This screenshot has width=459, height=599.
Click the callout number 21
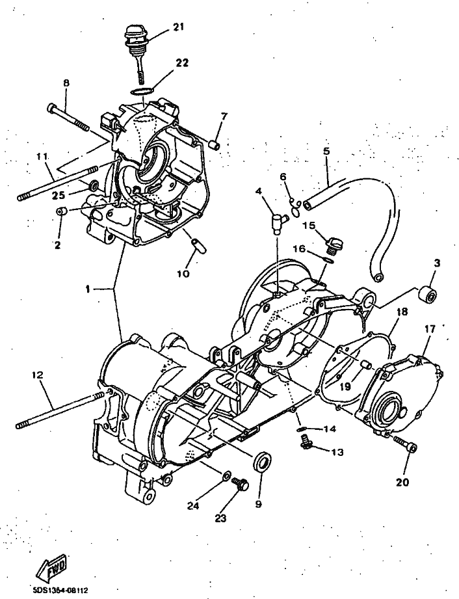pos(177,27)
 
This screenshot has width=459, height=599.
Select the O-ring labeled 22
pos(142,92)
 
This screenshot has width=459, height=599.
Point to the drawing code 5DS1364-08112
pos(60,591)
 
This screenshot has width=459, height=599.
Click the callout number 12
pos(38,375)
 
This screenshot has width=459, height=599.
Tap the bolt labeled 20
pos(404,443)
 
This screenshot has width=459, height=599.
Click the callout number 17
pos(430,329)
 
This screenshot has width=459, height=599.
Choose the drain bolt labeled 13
pos(306,444)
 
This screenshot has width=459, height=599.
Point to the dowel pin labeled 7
pos(215,146)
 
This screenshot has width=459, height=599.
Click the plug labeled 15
pos(334,245)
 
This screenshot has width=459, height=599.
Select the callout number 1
pos(88,289)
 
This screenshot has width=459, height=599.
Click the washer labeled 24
pos(226,475)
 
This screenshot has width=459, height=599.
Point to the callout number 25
pos(59,195)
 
